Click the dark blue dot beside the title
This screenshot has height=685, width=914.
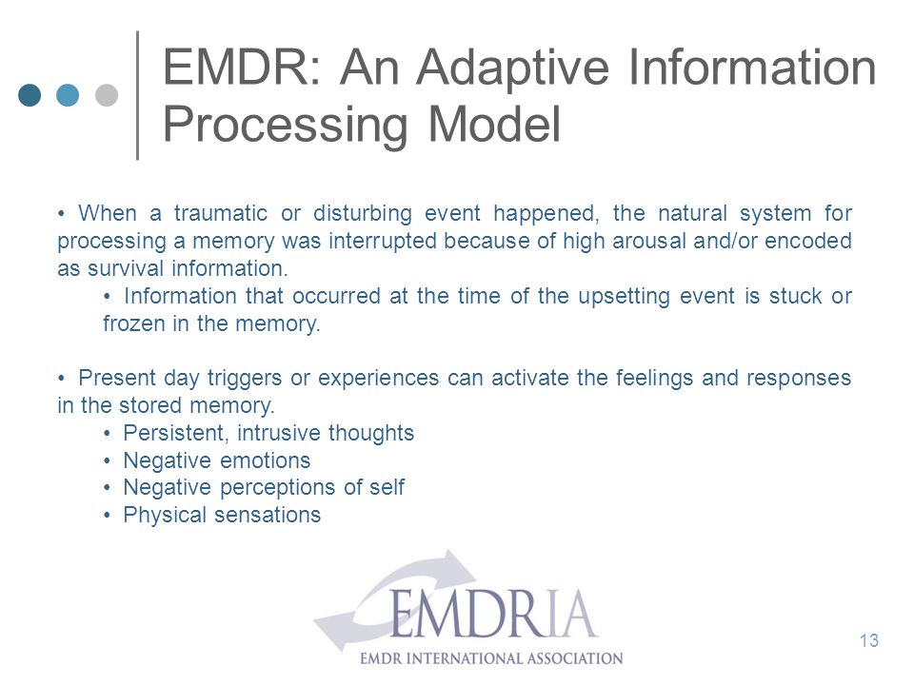(x=30, y=95)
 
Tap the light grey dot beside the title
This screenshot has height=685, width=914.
(x=107, y=95)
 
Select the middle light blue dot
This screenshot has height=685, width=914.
(x=69, y=95)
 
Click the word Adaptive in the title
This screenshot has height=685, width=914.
(x=513, y=69)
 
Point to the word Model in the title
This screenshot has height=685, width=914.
(x=494, y=124)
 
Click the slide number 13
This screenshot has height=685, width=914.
(x=868, y=640)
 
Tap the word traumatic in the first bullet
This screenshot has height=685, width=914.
(x=220, y=213)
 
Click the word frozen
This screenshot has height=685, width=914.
(x=134, y=323)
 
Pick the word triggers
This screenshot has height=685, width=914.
(x=245, y=379)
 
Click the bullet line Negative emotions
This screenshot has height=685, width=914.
(x=217, y=460)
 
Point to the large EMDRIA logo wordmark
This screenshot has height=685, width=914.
(x=493, y=614)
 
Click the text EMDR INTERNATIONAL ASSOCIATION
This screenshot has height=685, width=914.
(x=491, y=658)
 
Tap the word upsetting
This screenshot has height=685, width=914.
(x=624, y=297)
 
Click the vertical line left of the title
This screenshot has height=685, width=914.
(x=137, y=95)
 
